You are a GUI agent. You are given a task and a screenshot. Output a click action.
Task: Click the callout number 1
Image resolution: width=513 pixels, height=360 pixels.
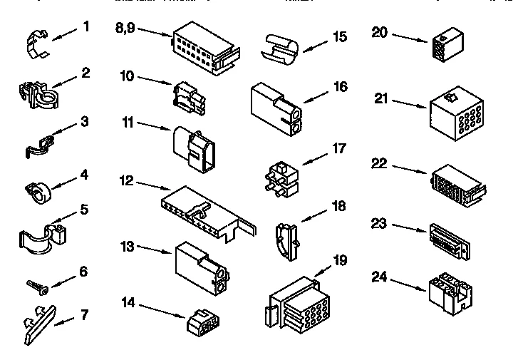[x=86, y=27]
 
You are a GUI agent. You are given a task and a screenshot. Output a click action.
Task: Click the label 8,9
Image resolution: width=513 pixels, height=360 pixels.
[x=124, y=29]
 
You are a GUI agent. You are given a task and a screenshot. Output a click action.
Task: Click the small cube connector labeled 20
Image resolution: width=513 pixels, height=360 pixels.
[x=445, y=46]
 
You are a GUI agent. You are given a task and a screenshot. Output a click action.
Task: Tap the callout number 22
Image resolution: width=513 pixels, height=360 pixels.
[x=379, y=164]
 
